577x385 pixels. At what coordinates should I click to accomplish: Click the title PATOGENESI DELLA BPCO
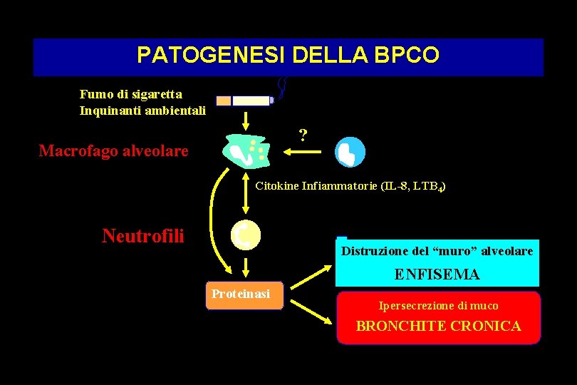[288, 56]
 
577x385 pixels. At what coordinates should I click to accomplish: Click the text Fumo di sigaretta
[131, 94]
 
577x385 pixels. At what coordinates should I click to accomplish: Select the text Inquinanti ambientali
[142, 111]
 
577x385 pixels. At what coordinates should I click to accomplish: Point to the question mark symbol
[303, 135]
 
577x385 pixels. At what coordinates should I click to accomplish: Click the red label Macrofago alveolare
[113, 150]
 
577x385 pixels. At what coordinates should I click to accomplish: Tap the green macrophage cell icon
[246, 150]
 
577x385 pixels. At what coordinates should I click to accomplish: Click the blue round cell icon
[350, 151]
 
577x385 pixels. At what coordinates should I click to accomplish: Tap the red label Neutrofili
[142, 235]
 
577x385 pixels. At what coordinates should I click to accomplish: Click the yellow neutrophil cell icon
[246, 235]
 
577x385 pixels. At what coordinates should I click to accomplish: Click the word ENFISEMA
[437, 274]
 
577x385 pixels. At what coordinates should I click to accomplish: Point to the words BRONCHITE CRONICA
[438, 327]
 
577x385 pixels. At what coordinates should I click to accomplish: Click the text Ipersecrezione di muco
[438, 306]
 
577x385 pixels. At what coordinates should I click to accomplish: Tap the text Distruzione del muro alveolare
[437, 251]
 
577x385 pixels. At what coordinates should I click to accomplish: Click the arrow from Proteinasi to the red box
[311, 313]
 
